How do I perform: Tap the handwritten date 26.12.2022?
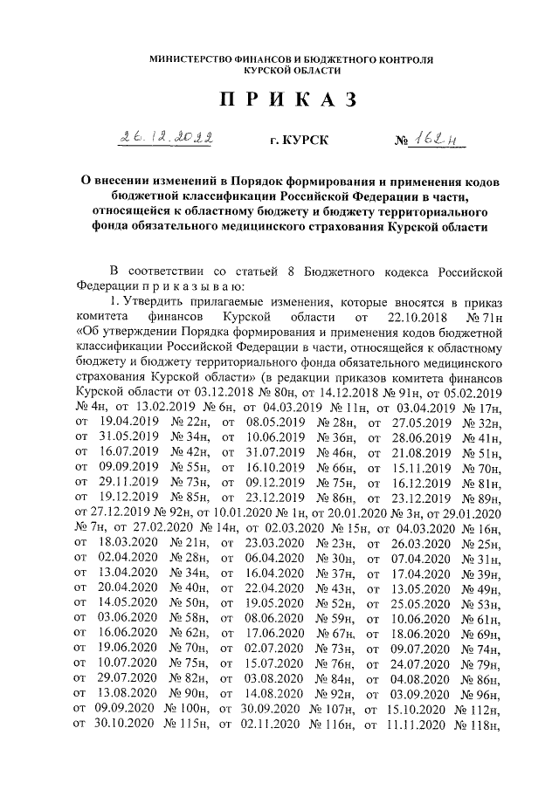[x=169, y=138]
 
